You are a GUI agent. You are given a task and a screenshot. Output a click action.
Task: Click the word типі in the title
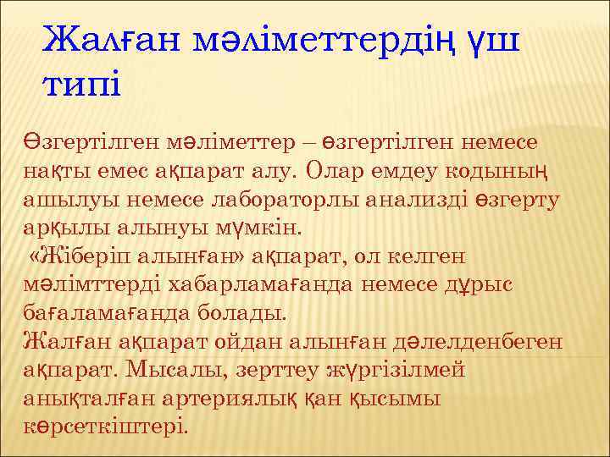coord(81,85)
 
